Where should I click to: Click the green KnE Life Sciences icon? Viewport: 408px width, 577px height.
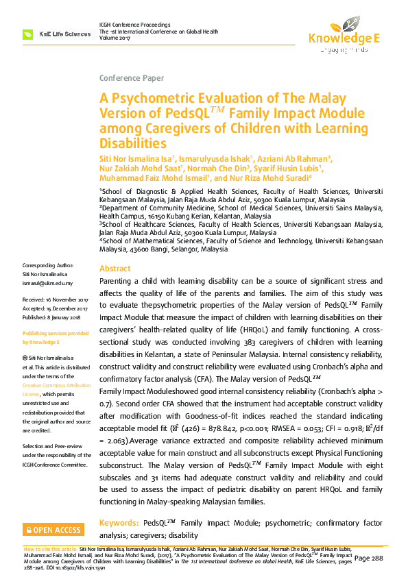(x=28, y=34)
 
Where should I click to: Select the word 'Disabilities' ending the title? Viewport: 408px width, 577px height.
(x=133, y=143)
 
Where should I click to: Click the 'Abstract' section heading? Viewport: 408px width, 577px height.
(x=115, y=269)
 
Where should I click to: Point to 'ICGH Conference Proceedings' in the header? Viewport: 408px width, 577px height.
(x=135, y=24)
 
